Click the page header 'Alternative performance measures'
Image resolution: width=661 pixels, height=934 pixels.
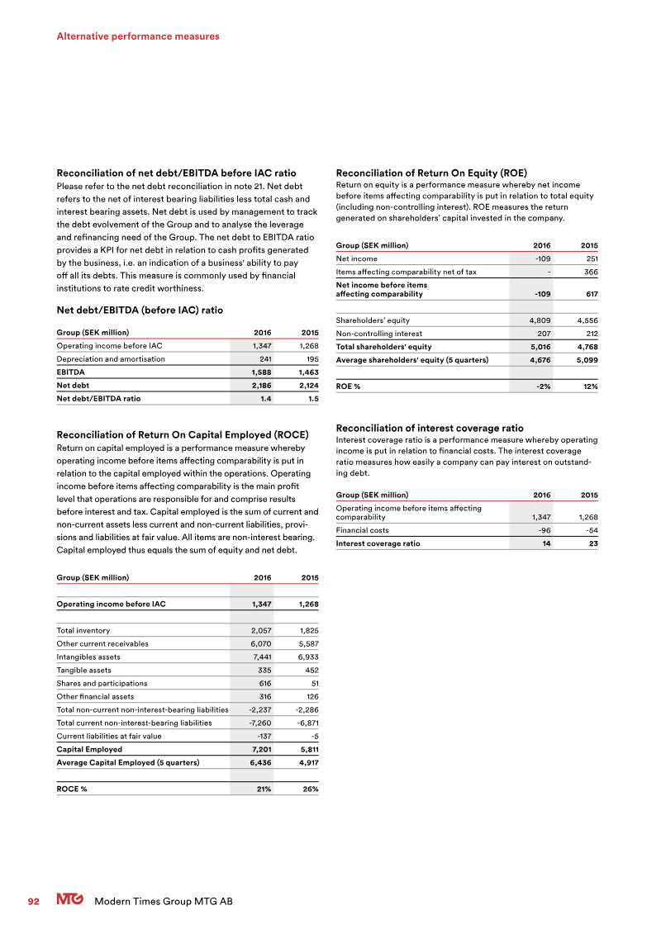pyautogui.click(x=138, y=36)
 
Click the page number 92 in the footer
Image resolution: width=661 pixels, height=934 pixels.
pyautogui.click(x=35, y=901)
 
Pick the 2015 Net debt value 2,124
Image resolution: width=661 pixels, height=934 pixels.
pyautogui.click(x=307, y=386)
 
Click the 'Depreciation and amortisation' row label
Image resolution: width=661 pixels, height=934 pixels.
pyautogui.click(x=111, y=359)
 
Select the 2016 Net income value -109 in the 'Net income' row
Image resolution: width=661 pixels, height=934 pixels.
pyautogui.click(x=542, y=258)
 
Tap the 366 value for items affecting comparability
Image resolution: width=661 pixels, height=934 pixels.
pyautogui.click(x=591, y=273)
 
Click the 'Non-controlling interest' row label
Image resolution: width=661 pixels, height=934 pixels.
pyautogui.click(x=379, y=334)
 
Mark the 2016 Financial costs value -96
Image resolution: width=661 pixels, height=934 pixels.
pyautogui.click(x=544, y=530)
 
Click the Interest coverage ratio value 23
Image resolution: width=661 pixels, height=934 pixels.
pyautogui.click(x=592, y=543)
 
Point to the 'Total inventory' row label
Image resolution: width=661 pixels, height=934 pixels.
pyautogui.click(x=83, y=630)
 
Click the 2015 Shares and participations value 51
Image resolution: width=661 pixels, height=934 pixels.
pyautogui.click(x=313, y=683)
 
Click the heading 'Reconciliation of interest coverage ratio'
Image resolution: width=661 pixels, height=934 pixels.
pyautogui.click(x=430, y=429)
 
